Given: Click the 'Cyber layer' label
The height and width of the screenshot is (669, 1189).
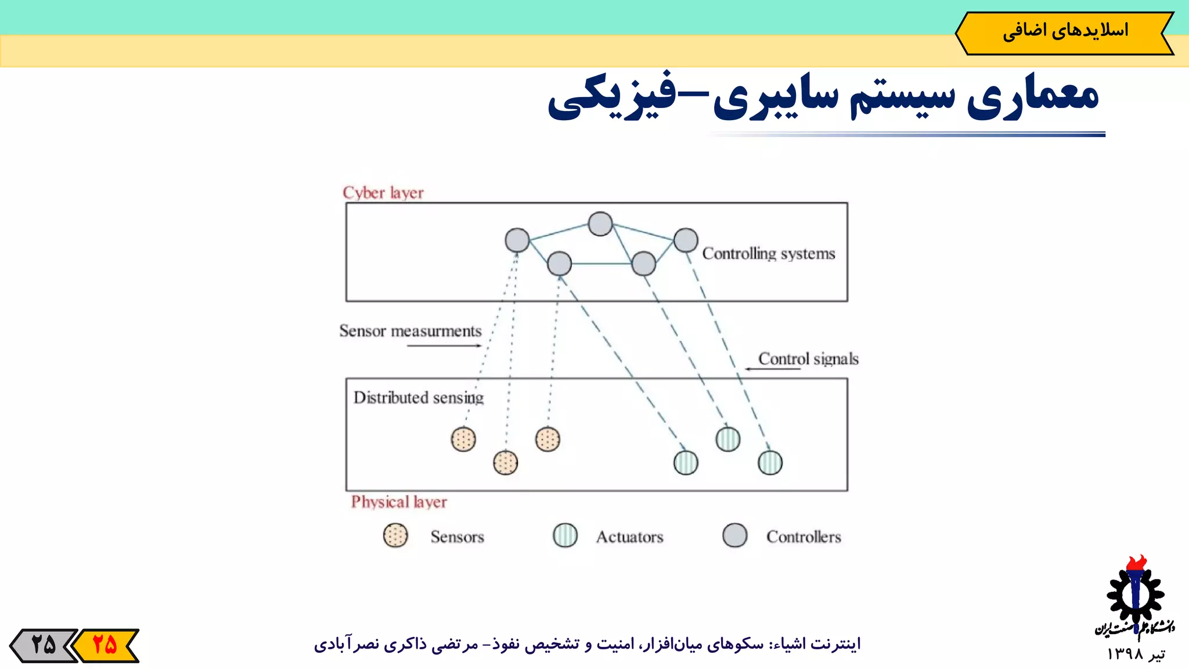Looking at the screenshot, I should pos(383,193).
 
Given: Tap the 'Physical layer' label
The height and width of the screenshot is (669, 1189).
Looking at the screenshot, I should pos(399,502).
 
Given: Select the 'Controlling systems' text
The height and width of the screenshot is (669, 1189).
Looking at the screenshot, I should pos(768,254).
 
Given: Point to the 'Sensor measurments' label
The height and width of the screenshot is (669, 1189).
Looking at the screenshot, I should pos(410,331).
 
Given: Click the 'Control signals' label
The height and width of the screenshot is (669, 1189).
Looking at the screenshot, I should pos(808,359).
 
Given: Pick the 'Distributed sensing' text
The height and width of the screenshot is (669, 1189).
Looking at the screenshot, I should pos(418,398).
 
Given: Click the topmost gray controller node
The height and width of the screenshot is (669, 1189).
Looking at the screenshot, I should pos(600,224).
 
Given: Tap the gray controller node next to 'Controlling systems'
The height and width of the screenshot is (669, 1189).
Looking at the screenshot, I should pos(686,240).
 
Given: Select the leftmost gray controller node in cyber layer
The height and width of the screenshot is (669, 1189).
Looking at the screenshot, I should pos(517,240).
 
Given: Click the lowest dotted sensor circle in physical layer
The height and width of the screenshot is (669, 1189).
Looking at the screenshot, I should pos(505,463).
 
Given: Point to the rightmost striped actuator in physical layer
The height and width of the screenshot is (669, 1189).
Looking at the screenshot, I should pos(770,463).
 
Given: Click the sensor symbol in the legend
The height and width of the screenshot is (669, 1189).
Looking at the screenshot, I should pos(395,535).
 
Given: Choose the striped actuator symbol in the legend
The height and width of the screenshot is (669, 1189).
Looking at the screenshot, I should pos(565,535).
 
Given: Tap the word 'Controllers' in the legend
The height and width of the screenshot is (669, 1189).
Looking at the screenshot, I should pos(804,537).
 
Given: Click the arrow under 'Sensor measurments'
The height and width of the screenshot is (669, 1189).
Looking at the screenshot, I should pos(444,346).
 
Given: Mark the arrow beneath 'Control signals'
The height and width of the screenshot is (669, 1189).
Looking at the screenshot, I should pos(773,369).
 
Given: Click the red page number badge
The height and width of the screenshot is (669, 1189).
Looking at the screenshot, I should pos(106,645).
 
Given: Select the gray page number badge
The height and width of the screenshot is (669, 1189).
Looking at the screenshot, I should pos(44,645).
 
